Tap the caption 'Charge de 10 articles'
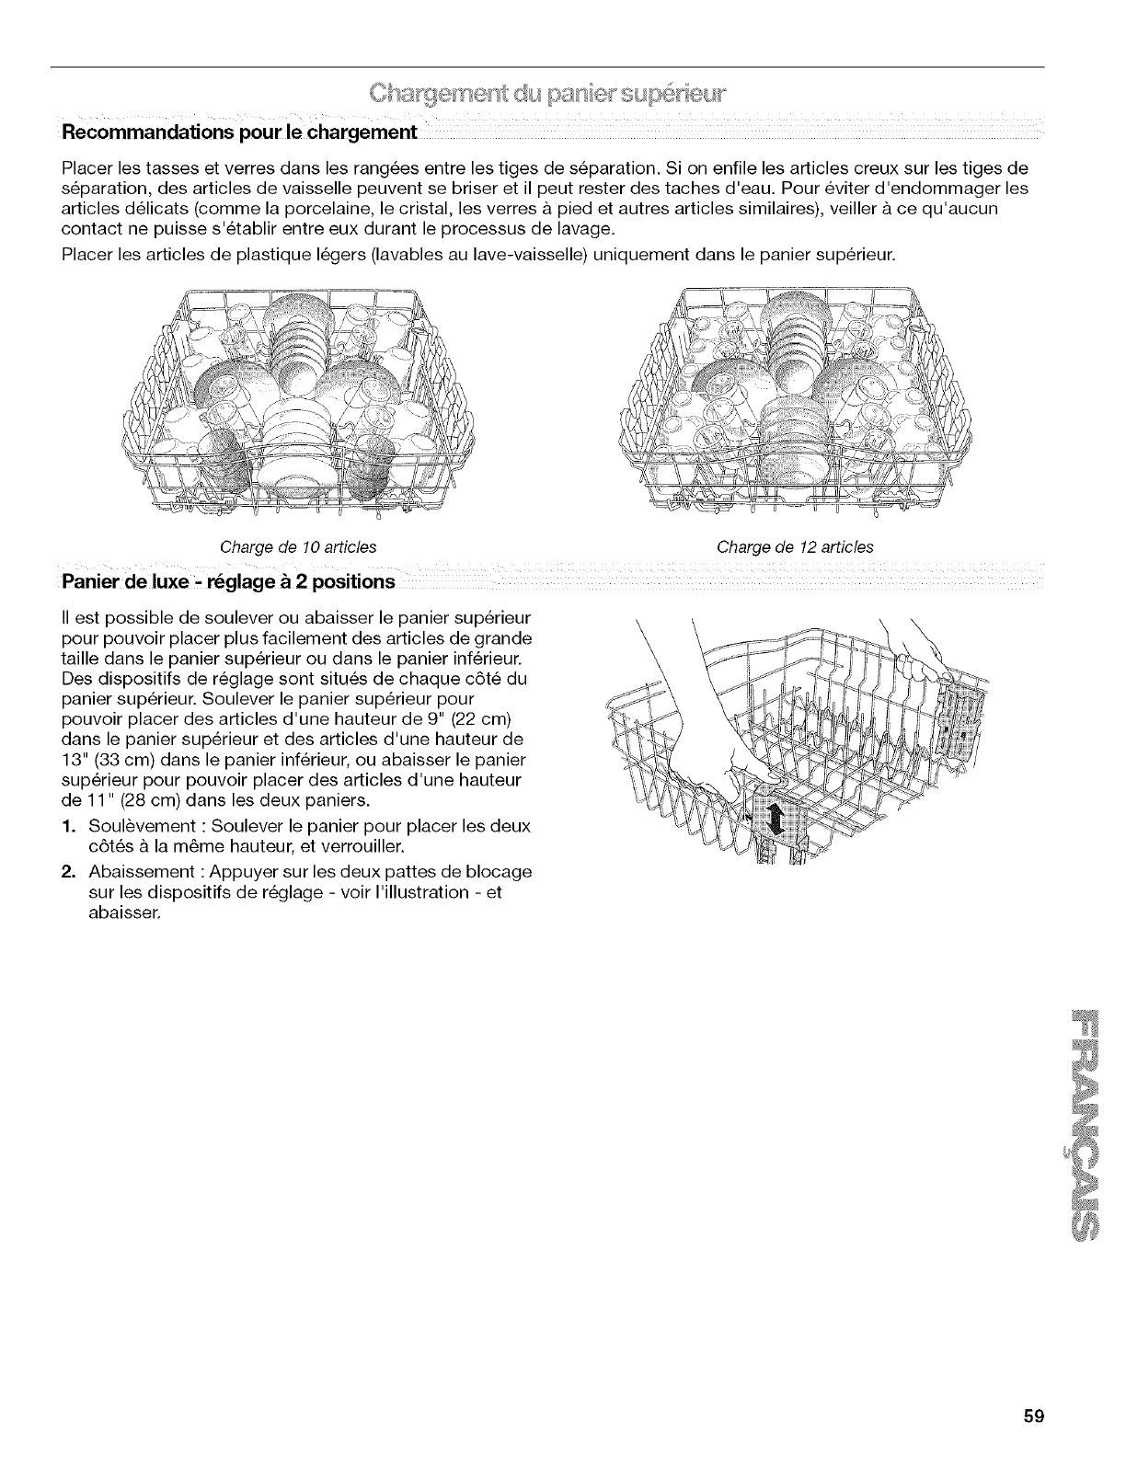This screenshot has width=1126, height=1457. (298, 547)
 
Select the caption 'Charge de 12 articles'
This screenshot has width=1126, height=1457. (795, 547)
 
